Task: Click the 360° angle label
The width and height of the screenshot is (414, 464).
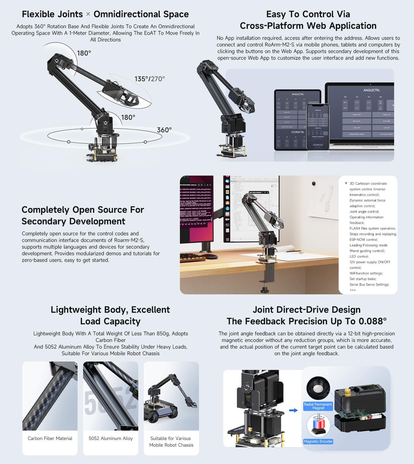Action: pos(164,130)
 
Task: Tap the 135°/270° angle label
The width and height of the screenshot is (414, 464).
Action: pos(150,79)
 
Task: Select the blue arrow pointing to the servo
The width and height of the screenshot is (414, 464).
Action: pos(293,410)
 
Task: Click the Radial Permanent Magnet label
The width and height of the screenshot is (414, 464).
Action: pos(318,406)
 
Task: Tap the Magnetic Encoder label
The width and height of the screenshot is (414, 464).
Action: pos(318,441)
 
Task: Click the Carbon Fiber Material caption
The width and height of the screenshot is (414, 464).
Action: pos(50,438)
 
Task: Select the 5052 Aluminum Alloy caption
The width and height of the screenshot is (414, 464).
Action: pos(111,438)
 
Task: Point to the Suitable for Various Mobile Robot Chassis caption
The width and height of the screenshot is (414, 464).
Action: pos(171,442)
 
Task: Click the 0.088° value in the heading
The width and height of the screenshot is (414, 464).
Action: pos(372,321)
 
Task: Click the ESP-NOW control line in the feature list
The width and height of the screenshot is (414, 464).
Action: pos(363,239)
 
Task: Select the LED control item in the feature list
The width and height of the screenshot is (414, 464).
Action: pos(359,256)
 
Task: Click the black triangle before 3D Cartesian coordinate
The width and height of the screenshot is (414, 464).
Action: pos(346,183)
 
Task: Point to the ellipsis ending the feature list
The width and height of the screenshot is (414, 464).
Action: pos(352,290)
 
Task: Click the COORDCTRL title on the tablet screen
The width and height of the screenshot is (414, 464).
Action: pos(298,132)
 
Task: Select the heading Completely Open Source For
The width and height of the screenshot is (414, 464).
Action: pos(83,210)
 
